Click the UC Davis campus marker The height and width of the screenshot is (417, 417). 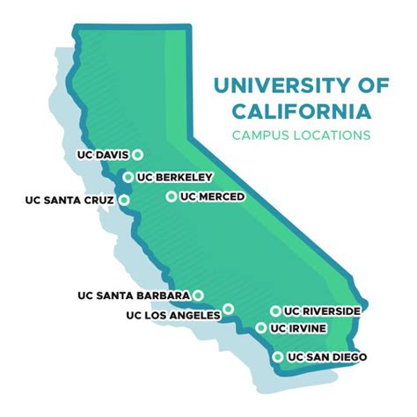[138, 156]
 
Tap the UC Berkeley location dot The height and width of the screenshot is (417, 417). [128, 177]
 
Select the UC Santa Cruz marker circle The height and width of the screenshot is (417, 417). [125, 200]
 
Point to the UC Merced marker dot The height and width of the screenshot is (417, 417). [171, 196]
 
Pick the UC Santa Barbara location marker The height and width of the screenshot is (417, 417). [199, 295]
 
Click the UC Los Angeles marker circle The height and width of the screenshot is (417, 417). [228, 309]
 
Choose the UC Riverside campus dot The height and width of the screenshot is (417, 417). [275, 311]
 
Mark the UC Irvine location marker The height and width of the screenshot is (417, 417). [261, 328]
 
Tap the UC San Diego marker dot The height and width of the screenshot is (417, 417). [278, 356]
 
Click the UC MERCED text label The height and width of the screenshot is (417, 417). [212, 196]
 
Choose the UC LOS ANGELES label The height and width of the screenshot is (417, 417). [173, 314]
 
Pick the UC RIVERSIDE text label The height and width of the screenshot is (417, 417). [322, 311]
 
